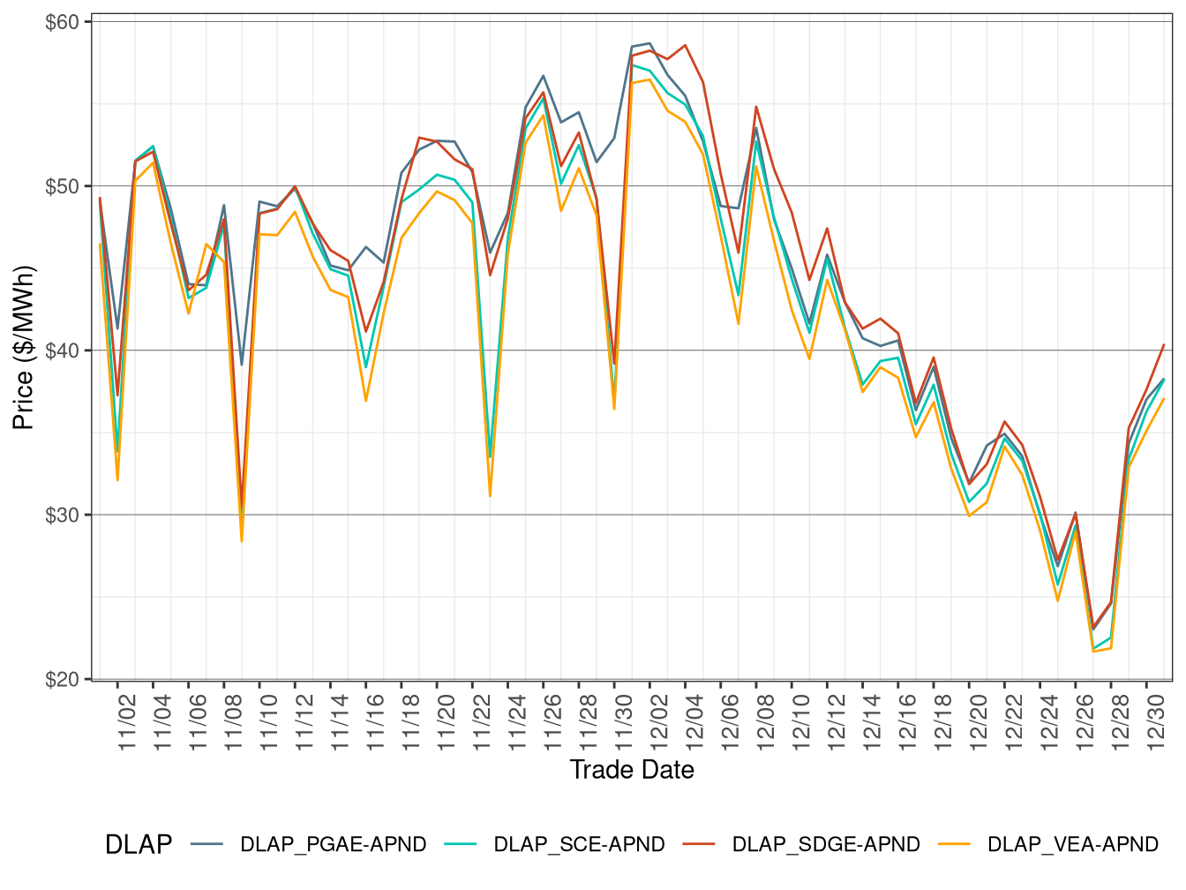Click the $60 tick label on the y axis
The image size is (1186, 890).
(62, 22)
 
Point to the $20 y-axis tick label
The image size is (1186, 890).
(62, 679)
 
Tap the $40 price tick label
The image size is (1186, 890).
(62, 351)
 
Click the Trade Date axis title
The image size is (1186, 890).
(632, 770)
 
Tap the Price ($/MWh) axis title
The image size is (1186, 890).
(24, 348)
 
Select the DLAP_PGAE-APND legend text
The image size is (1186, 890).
(333, 845)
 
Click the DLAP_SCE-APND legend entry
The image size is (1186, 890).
(579, 845)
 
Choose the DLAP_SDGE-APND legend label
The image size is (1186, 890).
(826, 845)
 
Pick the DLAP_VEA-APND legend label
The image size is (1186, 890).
(1072, 845)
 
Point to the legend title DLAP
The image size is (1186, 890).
(138, 845)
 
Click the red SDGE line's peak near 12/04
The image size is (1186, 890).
(685, 45)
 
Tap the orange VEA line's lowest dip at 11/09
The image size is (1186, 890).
(242, 540)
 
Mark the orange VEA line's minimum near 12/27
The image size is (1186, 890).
(1093, 651)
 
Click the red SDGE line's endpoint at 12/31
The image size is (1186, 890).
(1164, 345)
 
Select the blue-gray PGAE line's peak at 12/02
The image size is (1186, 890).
(649, 43)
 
